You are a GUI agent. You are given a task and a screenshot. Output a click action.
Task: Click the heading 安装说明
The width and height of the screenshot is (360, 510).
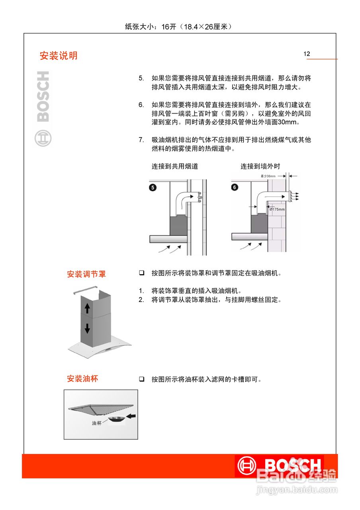(59, 56)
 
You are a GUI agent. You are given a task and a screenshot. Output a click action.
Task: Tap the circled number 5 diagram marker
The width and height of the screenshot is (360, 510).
(153, 187)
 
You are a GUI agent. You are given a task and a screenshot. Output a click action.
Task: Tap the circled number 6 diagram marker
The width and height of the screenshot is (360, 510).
(235, 187)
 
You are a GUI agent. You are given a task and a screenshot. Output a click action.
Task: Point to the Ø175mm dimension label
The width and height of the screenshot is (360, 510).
(277, 210)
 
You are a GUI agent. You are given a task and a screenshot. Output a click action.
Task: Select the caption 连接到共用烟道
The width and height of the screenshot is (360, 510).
(174, 167)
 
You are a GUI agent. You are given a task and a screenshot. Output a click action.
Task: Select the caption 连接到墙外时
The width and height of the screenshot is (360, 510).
(260, 167)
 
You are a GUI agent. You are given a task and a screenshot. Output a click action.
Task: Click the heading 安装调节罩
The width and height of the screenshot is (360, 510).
(86, 274)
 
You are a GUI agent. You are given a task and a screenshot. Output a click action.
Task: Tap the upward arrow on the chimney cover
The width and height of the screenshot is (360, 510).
(87, 308)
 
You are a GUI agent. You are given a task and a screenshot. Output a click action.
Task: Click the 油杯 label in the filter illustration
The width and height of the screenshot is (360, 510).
(97, 424)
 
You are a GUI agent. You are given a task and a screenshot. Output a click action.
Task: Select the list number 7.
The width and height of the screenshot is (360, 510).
(141, 140)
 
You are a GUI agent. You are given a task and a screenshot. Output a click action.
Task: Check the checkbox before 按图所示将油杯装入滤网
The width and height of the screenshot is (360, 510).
(141, 379)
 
